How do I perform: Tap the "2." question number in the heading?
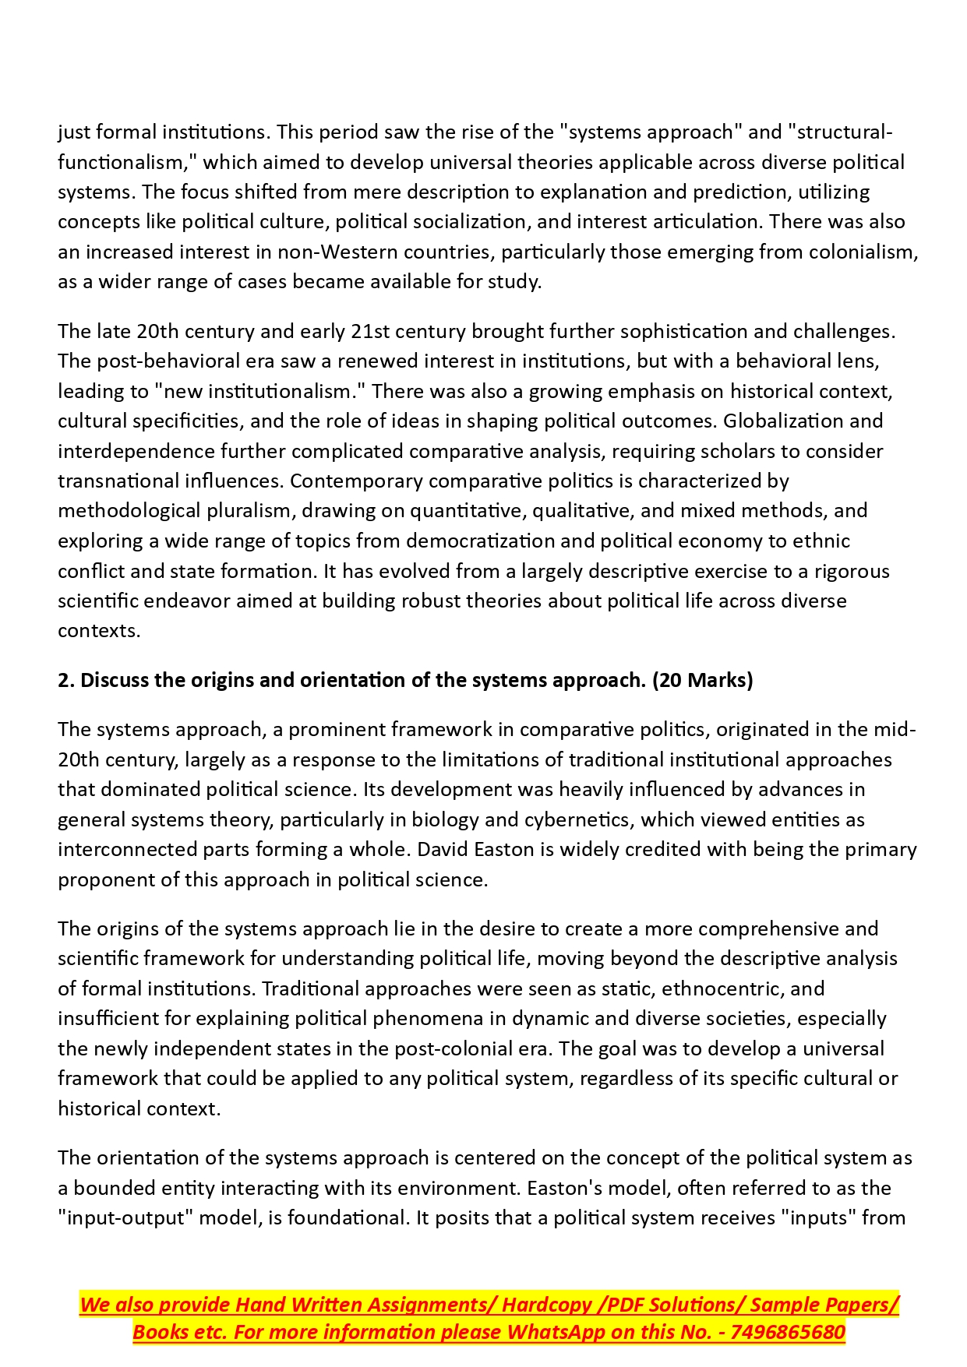click(x=65, y=680)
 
